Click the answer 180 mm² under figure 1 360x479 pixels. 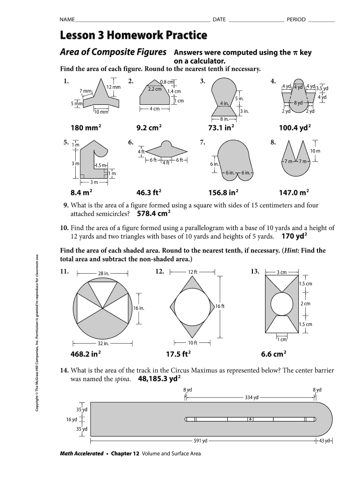[86, 128]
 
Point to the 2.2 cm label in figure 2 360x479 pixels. [155, 88]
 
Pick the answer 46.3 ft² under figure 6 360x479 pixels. [149, 192]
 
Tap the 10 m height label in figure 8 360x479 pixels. [315, 151]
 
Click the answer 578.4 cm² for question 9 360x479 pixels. [154, 214]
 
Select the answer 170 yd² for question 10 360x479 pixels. [293, 236]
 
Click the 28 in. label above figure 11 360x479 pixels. [104, 274]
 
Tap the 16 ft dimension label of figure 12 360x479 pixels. [220, 306]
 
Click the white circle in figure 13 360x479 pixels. [281, 304]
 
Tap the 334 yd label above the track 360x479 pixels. [252, 398]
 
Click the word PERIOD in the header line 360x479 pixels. [296, 20]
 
